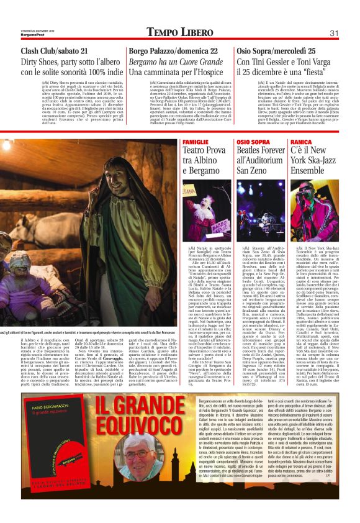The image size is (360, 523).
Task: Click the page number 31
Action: tap(333, 32)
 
